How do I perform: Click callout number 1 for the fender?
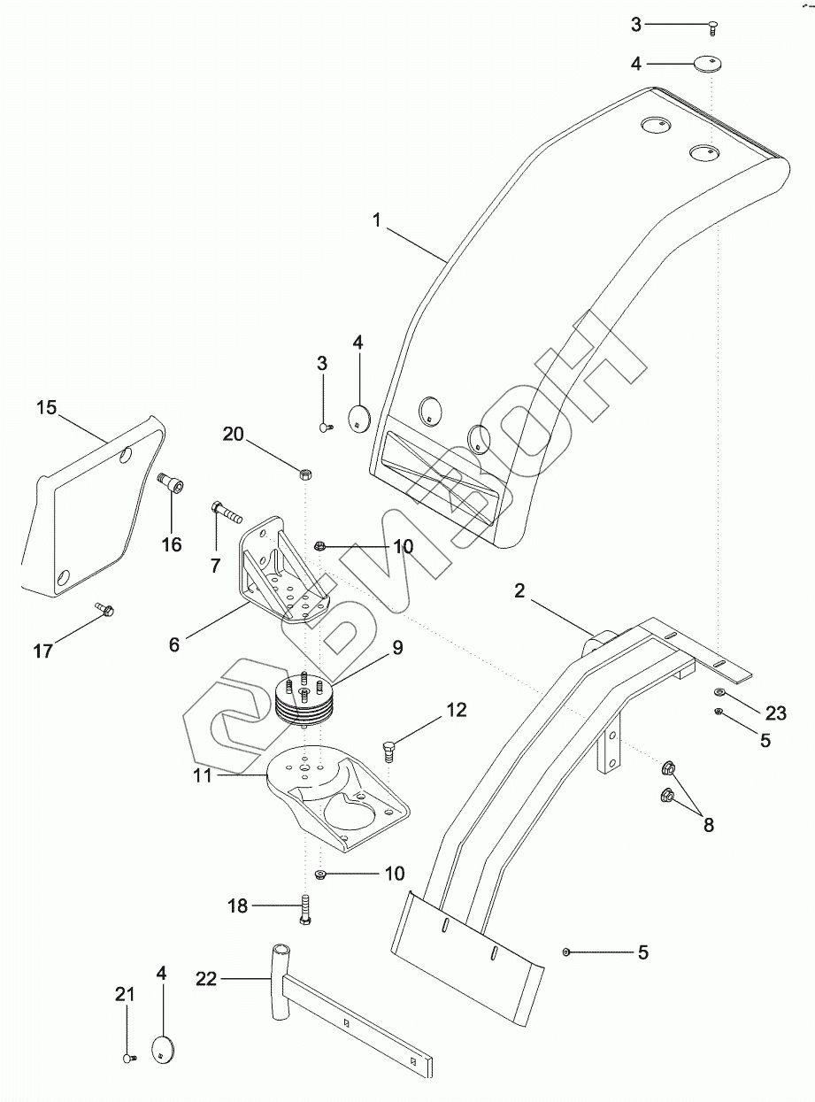pos(377,220)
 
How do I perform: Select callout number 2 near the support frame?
pos(519,590)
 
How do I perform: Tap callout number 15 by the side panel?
pos(47,408)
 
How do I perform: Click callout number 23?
pos(776,713)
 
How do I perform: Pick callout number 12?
pos(457,710)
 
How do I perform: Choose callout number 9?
pos(397,648)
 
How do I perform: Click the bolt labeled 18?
pos(305,910)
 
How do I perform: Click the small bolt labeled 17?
pos(104,609)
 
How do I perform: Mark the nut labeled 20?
pos(305,474)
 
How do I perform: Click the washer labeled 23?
pos(718,691)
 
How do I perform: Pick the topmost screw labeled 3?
pos(711,30)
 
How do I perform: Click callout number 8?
pos(709,825)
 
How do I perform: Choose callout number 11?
pos(203,775)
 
